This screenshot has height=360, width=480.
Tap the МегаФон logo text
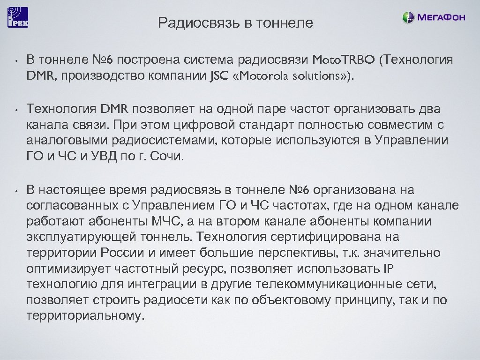tap(441, 18)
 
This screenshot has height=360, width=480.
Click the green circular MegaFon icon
tap(408, 18)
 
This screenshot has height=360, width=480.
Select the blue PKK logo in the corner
tap(18, 17)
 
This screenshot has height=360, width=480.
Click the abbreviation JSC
tap(217, 76)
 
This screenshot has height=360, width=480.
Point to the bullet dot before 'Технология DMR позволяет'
tap(15, 111)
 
